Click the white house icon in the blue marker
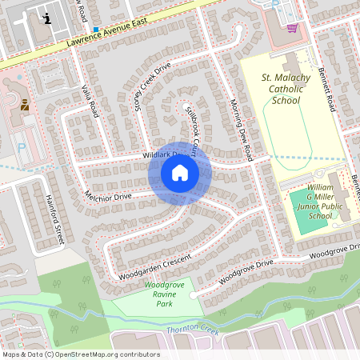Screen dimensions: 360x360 click(x=180, y=173)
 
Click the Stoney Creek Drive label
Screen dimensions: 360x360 click(x=152, y=87)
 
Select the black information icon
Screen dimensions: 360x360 click(x=49, y=18)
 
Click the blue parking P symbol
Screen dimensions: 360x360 click(x=22, y=147)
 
